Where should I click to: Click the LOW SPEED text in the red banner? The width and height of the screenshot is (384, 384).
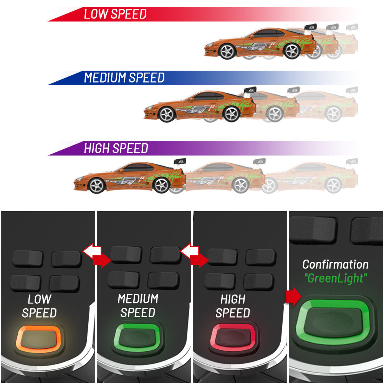115,14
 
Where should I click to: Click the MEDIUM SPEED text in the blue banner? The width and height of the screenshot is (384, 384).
124,78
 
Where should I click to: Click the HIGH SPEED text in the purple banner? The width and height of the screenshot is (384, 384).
116,148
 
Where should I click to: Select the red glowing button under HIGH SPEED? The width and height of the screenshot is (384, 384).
233,337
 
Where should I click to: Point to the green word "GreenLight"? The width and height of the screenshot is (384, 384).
336,278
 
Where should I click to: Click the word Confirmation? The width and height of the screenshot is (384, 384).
335,265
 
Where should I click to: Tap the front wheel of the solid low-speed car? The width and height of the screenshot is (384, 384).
227,51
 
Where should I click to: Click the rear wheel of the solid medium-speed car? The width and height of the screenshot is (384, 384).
232,114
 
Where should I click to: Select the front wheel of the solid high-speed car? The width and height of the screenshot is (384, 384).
97,185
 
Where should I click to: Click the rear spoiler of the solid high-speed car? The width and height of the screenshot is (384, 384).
180,162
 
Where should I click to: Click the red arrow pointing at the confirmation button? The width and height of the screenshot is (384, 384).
293,296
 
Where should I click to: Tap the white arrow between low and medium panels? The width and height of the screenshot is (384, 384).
92,251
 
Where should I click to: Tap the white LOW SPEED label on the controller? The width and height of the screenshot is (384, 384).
39,306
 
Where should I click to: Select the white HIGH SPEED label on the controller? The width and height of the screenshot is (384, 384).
233,306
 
